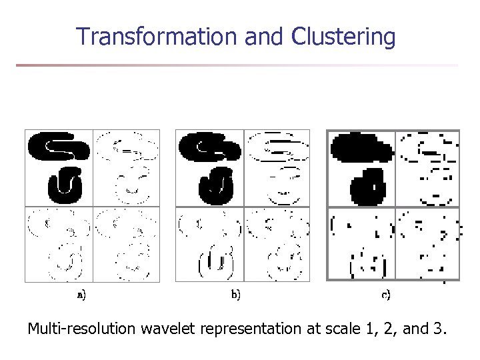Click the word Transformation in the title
(x=157, y=37)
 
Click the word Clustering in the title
(x=343, y=37)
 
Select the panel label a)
(x=81, y=293)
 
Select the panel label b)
(x=236, y=293)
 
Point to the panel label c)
(x=385, y=293)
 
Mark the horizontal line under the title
(x=237, y=65)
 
